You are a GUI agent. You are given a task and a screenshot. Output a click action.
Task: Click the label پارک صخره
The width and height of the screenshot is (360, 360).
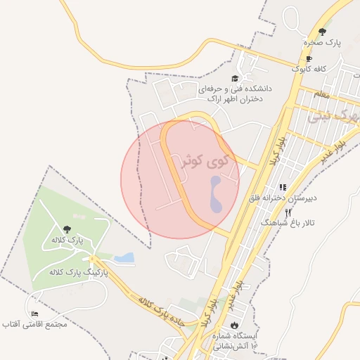(x=323, y=43)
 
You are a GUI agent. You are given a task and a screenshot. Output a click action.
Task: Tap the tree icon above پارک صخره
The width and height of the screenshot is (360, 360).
(x=323, y=32)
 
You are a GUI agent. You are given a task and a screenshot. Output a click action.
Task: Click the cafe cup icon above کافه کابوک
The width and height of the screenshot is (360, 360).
(x=309, y=59)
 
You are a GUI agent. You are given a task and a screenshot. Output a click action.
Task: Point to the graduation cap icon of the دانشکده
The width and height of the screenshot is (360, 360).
(x=235, y=79)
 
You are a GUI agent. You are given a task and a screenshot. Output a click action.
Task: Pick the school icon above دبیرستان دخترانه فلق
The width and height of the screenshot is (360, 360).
(x=282, y=188)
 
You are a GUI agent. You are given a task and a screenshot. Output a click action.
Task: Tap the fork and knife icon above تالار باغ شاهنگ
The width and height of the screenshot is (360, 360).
(x=288, y=212)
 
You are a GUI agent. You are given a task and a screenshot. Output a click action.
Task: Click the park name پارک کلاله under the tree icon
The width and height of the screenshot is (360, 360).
(x=67, y=240)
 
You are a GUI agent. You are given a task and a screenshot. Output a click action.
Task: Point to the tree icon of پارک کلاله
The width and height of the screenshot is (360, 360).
(x=67, y=229)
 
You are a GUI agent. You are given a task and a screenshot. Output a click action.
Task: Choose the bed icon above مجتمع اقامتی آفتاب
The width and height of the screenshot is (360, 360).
(x=34, y=314)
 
